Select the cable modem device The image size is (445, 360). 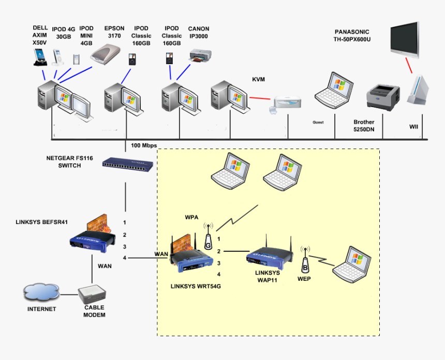pyautogui.click(x=93, y=294)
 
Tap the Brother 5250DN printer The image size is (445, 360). pyautogui.click(x=382, y=98)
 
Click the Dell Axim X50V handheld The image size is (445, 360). pyautogui.click(x=39, y=57)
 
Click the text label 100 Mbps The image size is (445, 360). pyautogui.click(x=144, y=145)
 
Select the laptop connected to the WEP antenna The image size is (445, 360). pyautogui.click(x=352, y=266)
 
